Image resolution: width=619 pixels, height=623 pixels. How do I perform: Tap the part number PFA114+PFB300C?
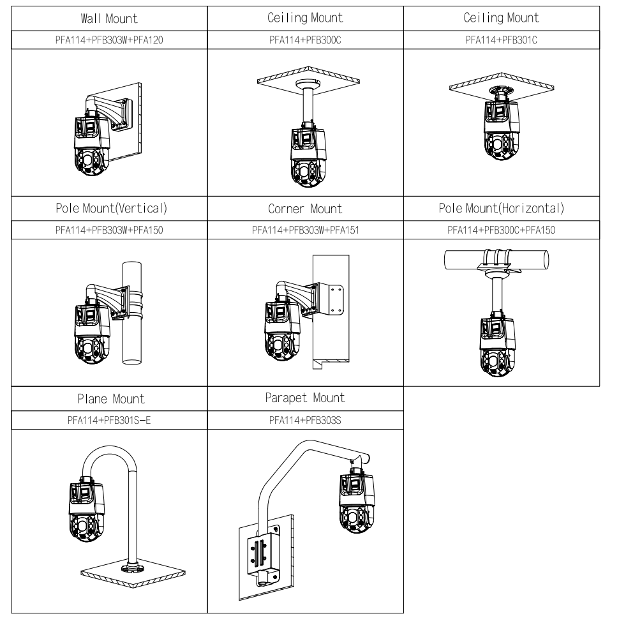click(305, 40)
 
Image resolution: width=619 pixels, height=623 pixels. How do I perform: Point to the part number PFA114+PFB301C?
click(501, 40)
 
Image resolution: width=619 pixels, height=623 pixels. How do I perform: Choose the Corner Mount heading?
click(305, 209)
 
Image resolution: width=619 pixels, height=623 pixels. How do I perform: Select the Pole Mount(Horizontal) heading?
click(501, 209)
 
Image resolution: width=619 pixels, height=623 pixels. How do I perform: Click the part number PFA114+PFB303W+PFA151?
click(305, 230)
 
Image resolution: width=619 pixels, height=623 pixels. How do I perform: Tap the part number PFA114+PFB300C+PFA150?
click(501, 230)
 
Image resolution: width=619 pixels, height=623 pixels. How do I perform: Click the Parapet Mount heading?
click(305, 398)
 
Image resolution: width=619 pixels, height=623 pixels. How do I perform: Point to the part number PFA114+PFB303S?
click(305, 420)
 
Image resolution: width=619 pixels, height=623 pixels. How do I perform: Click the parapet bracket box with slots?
click(261, 546)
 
